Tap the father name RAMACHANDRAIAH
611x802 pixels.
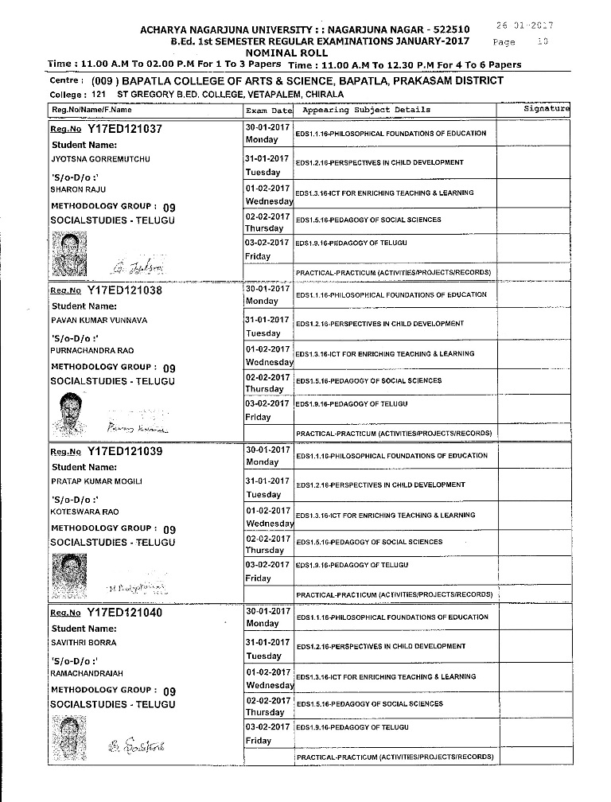[x=84, y=673]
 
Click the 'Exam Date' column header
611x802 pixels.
[x=269, y=110]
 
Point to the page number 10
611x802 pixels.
[x=542, y=41]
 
